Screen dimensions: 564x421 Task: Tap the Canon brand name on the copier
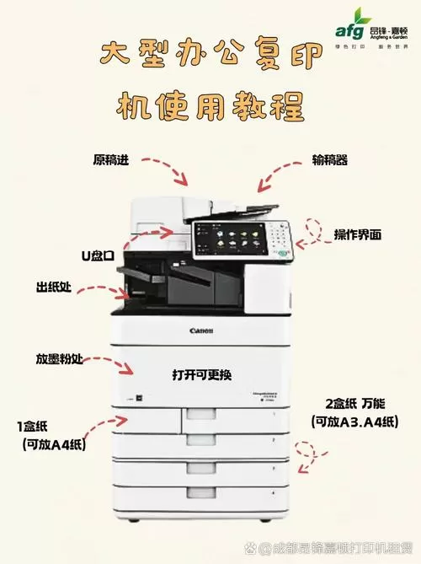(x=201, y=330)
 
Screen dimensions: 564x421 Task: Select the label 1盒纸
(x=38, y=426)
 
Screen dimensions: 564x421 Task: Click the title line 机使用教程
(x=210, y=106)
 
